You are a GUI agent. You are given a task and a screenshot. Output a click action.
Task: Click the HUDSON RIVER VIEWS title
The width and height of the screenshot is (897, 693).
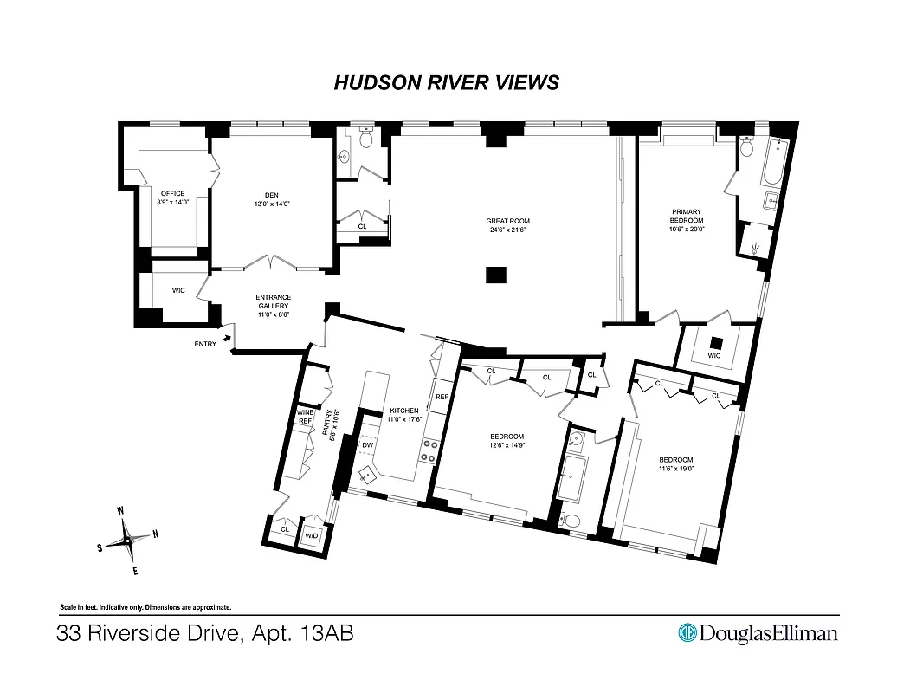point(446,82)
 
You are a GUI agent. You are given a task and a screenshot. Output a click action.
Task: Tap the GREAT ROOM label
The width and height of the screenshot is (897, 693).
point(507,222)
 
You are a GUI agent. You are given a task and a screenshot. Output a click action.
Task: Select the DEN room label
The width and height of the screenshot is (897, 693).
point(272,195)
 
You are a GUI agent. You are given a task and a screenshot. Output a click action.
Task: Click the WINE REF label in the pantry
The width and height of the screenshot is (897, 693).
point(305,417)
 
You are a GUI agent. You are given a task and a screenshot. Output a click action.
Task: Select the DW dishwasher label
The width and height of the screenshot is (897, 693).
point(367,445)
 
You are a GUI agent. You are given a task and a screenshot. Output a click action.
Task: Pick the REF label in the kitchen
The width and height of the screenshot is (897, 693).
point(442,397)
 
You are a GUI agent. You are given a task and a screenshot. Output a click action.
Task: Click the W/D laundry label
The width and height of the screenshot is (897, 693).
point(311,535)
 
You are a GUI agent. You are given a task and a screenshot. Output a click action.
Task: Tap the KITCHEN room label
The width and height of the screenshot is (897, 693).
point(403,411)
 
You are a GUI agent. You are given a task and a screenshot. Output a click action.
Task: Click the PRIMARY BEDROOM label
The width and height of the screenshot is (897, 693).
point(686,216)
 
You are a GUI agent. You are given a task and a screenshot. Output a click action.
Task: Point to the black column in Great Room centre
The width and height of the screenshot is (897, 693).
point(494,275)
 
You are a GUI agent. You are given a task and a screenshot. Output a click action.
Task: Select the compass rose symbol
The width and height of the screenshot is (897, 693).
point(127,541)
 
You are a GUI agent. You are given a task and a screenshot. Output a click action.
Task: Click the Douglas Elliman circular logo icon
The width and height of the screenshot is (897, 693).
point(687,633)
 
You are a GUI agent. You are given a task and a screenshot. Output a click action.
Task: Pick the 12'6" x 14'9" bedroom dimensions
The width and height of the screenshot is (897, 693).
point(507,445)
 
